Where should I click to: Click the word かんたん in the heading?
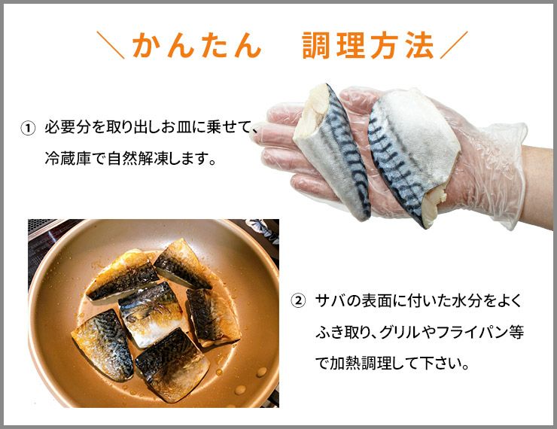[197, 45]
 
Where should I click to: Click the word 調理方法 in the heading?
[368, 45]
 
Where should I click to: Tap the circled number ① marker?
[28, 128]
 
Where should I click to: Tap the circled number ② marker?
[298, 301]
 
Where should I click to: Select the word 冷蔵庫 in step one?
[68, 158]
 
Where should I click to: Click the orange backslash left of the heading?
[111, 45]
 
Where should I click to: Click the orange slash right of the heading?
[454, 45]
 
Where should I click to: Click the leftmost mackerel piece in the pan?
[102, 345]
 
